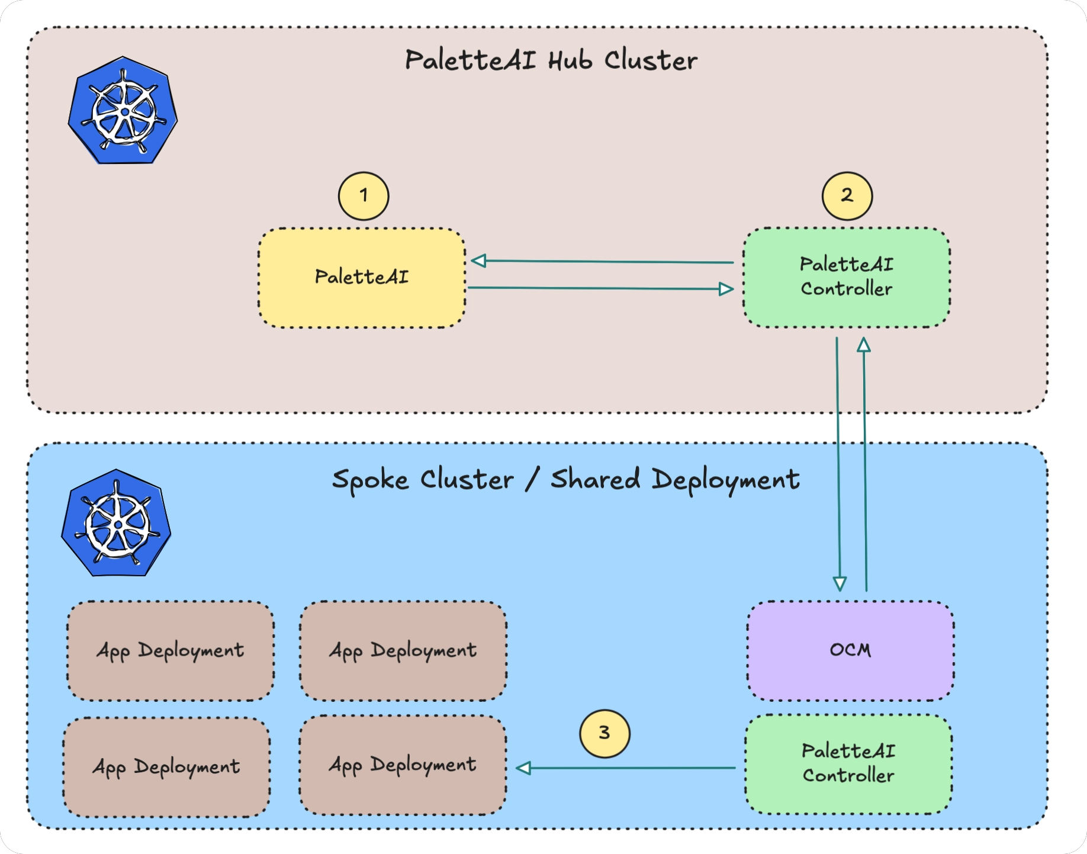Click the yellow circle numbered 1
tap(364, 196)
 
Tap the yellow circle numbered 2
tap(847, 196)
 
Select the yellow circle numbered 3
tap(604, 734)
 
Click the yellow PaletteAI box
tap(362, 278)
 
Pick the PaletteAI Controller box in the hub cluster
tap(847, 277)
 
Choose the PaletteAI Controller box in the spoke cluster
tap(848, 764)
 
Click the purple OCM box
tap(850, 651)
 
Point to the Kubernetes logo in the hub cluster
tap(123, 111)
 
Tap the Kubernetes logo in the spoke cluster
tap(117, 524)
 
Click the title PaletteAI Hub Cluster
tap(551, 61)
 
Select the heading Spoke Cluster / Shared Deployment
tap(565, 480)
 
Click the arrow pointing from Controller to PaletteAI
tap(602, 261)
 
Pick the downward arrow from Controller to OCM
tap(838, 465)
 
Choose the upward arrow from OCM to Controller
tap(865, 465)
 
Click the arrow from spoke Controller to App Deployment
tap(626, 768)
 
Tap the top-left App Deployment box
tap(171, 651)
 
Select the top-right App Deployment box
tap(403, 651)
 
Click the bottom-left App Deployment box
tap(166, 768)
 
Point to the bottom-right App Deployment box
tap(403, 765)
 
